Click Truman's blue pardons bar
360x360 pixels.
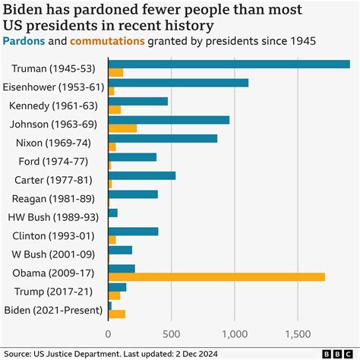228,64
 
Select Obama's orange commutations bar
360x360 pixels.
216,277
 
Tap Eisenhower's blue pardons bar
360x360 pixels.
178,83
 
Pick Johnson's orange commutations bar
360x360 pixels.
122,128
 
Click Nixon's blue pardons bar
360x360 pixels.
163,138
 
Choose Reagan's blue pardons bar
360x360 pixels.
133,194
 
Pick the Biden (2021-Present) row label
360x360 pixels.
52,310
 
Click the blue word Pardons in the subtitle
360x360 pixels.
24,39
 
